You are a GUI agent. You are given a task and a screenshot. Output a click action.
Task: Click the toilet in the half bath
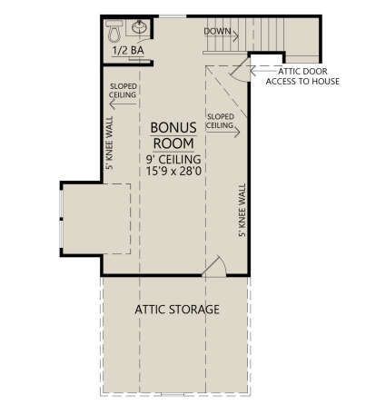[114, 31]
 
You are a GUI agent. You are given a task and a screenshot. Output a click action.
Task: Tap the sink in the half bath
[140, 27]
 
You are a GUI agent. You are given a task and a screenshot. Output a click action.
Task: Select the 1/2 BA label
[128, 51]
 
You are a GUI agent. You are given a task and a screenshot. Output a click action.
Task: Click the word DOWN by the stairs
[217, 31]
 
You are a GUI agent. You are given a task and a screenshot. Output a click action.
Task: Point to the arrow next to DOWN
[221, 36]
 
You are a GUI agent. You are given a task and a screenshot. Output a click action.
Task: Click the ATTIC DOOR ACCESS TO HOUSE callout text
[302, 76]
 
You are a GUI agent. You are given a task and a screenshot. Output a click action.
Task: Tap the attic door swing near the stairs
[241, 70]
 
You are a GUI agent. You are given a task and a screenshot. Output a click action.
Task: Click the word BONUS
[173, 128]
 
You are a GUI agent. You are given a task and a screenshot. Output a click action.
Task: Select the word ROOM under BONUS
[173, 143]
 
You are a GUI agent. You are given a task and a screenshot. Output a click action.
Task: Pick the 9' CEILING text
[173, 159]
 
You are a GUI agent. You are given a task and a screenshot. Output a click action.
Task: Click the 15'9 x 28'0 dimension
[173, 172]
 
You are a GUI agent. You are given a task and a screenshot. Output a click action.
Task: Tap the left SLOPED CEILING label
[123, 91]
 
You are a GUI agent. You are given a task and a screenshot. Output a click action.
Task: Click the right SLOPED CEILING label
[221, 121]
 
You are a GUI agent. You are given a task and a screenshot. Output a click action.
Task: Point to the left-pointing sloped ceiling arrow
[123, 104]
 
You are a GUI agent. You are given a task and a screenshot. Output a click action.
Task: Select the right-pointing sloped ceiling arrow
[223, 132]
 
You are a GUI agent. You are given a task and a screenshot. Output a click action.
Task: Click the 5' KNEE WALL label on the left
[109, 143]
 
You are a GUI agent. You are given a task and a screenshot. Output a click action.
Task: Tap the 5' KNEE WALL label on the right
[242, 210]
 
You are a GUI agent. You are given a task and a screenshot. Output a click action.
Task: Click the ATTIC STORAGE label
[177, 310]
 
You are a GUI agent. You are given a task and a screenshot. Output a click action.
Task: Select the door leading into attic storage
[213, 267]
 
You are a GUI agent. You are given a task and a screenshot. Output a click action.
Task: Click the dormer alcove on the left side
[96, 219]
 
